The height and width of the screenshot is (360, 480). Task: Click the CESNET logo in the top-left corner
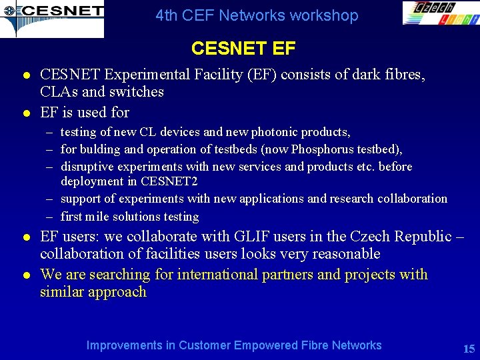(x=52, y=19)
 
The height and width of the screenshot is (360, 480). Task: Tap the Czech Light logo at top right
(x=440, y=13)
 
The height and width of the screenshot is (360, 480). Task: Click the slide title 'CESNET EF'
(x=243, y=49)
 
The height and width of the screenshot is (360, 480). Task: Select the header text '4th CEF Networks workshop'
(x=257, y=15)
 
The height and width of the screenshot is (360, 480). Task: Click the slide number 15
(x=468, y=349)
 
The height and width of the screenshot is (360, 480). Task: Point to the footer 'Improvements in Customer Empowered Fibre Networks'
(x=234, y=345)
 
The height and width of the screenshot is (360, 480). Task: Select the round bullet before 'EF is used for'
(x=24, y=112)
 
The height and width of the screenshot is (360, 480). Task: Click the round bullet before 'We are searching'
(x=24, y=275)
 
